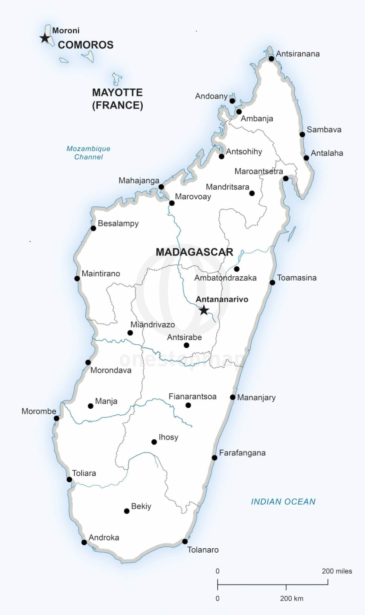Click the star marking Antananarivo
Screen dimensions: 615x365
204,310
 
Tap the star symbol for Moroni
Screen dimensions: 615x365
44,38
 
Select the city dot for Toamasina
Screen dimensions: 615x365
272,283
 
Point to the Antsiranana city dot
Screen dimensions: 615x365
271,59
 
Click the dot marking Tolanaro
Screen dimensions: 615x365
185,541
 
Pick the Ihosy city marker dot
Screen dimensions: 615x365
154,442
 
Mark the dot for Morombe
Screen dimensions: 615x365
56,418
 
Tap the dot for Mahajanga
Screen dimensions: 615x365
161,187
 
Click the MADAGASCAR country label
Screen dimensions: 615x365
194,252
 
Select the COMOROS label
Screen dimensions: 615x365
86,45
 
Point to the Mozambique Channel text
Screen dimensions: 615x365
88,153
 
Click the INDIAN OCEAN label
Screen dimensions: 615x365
283,502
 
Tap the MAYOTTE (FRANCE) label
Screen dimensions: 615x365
117,99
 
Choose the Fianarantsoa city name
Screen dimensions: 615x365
192,396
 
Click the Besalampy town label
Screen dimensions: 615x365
118,223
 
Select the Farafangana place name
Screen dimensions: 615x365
242,453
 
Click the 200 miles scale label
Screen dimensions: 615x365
337,571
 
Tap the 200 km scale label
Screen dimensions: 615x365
291,598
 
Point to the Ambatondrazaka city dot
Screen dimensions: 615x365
237,269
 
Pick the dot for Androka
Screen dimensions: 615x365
84,542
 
